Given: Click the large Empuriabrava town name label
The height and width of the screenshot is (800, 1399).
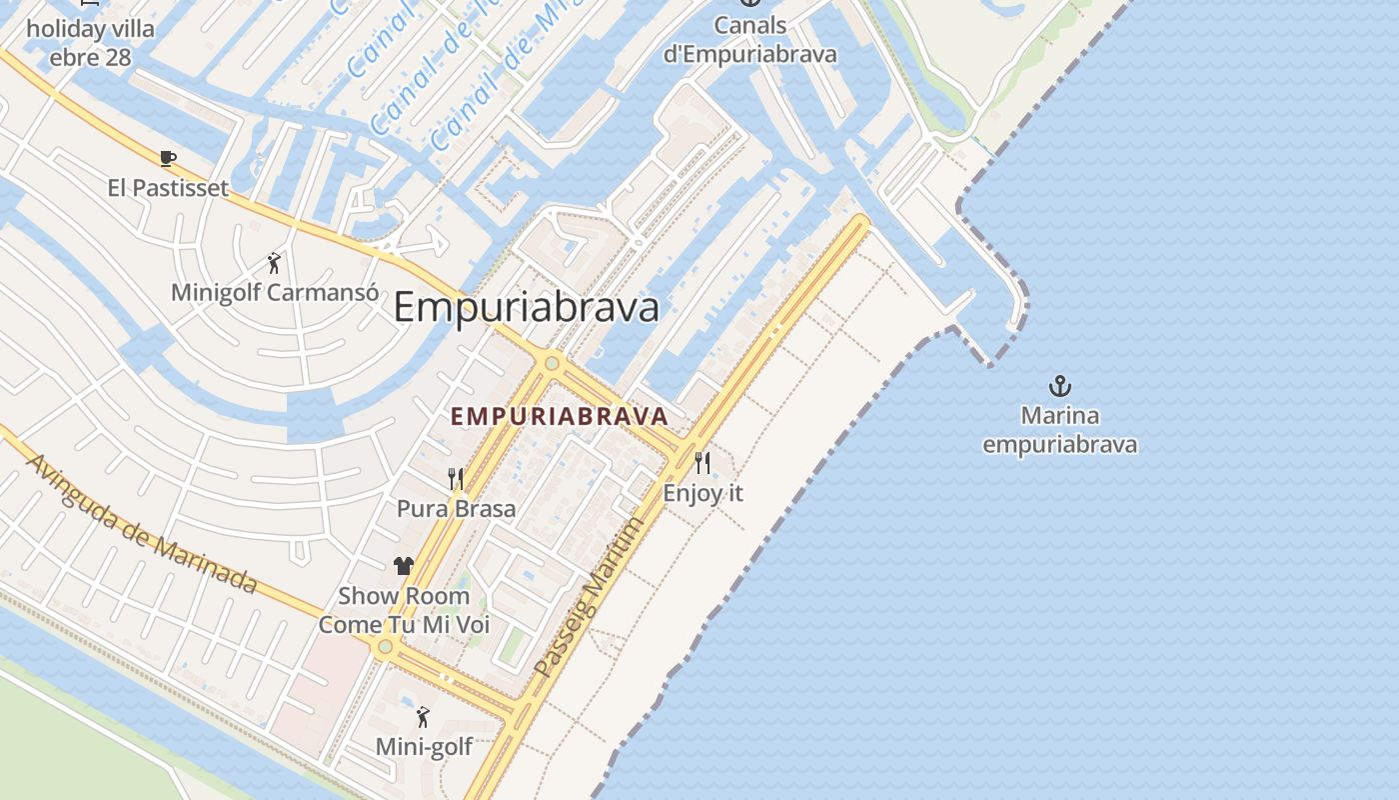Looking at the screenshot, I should [527, 308].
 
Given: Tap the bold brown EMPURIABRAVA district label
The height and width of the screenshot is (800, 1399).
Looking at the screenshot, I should [559, 416].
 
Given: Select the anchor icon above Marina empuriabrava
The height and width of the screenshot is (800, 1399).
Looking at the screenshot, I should [1059, 386].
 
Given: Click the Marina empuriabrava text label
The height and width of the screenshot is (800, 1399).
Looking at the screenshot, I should [1059, 430].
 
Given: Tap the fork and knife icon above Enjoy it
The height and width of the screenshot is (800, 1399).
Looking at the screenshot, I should [702, 462].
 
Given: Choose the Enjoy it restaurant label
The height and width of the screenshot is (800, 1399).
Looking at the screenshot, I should [703, 493].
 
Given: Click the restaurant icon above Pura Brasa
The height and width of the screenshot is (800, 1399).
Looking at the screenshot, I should [456, 478].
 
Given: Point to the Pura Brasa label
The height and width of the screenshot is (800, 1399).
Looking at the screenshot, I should [457, 509].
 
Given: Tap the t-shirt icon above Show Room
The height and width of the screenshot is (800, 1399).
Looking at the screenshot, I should [404, 566].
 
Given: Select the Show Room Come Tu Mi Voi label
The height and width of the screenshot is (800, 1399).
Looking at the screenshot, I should [404, 610].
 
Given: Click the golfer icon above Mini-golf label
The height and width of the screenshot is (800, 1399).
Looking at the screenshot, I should [423, 717].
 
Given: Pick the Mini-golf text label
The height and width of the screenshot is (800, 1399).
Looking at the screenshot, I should [424, 747].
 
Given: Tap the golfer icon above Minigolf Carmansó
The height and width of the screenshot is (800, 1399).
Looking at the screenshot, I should [274, 263].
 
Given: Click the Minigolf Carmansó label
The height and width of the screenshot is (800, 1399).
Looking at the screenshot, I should [275, 293].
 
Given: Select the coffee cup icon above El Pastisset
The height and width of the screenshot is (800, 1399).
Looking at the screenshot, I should [168, 158].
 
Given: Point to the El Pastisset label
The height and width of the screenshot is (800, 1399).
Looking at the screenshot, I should [168, 188].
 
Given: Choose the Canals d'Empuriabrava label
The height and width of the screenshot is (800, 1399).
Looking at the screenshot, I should [749, 40].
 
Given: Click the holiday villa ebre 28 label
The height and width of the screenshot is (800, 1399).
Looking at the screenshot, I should [90, 43].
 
